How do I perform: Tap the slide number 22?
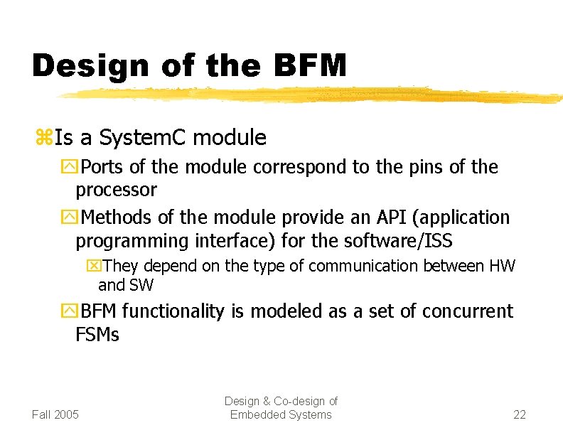point(520,414)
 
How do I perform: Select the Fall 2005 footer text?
point(55,414)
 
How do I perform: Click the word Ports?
point(104,168)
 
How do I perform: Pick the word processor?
point(116,190)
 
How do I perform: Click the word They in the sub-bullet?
point(119,266)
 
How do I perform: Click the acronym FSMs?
point(97,334)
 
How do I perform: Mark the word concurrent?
point(467,311)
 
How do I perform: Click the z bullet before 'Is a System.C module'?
point(41,137)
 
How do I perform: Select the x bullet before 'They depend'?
point(92,267)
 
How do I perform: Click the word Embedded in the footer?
point(254,414)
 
